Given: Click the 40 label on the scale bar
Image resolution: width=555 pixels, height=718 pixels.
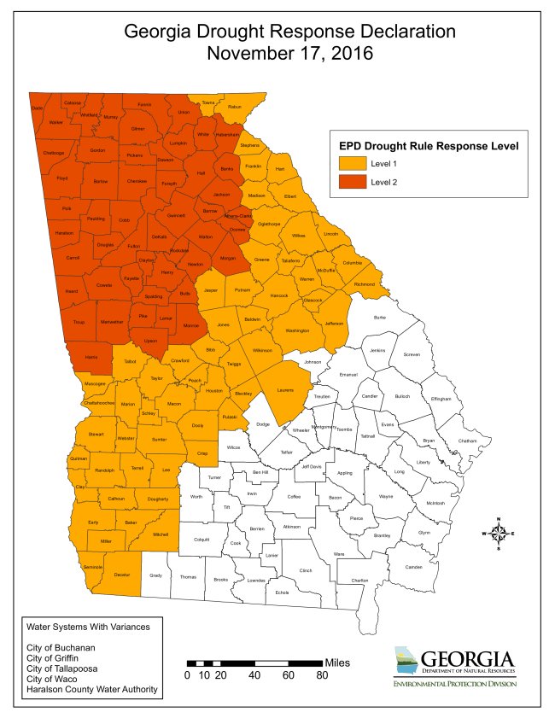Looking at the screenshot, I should coord(254,675).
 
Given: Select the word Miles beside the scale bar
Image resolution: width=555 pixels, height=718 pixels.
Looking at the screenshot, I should coord(336,663).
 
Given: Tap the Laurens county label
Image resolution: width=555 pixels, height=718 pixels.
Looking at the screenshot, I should coord(285,390).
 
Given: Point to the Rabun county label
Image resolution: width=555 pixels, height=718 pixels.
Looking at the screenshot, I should coord(236,107).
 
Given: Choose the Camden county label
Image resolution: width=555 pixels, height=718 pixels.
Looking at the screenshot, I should coord(413,567).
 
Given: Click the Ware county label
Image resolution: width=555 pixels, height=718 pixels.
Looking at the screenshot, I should coord(339,555).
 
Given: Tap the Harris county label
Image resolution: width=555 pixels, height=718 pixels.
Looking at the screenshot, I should coord(90,356).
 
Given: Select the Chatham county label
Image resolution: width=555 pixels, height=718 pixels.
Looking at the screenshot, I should coord(467,441).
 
